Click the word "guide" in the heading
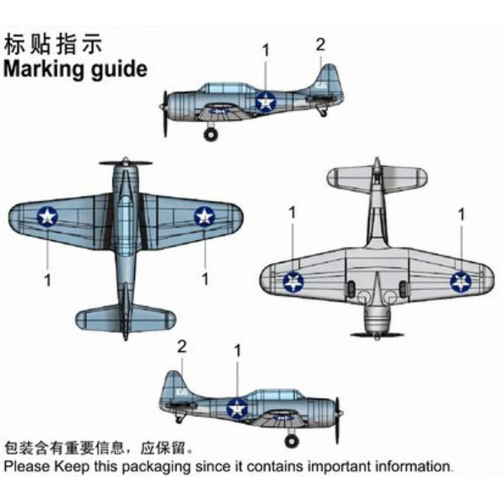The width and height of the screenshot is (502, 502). [x=119, y=69]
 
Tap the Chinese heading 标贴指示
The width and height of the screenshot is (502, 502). [x=53, y=45]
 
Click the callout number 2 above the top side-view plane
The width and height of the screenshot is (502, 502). [x=321, y=45]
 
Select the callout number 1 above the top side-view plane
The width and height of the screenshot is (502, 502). [x=265, y=50]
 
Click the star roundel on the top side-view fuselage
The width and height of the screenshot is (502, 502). [x=265, y=101]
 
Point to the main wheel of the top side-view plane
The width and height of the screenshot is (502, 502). [x=211, y=134]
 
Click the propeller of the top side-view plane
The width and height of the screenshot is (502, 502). [x=165, y=113]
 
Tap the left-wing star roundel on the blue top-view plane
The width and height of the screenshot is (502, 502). [x=47, y=217]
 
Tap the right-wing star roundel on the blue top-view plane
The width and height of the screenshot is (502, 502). [x=204, y=217]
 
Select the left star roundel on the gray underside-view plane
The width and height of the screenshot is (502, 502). [x=293, y=282]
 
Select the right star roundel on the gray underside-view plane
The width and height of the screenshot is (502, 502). [x=461, y=282]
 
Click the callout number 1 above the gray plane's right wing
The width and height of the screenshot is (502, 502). [x=462, y=214]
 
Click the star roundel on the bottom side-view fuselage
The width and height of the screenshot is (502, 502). [x=237, y=409]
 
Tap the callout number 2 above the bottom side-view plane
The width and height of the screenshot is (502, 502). [x=182, y=346]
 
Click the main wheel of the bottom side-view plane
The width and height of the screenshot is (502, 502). [x=291, y=441]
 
